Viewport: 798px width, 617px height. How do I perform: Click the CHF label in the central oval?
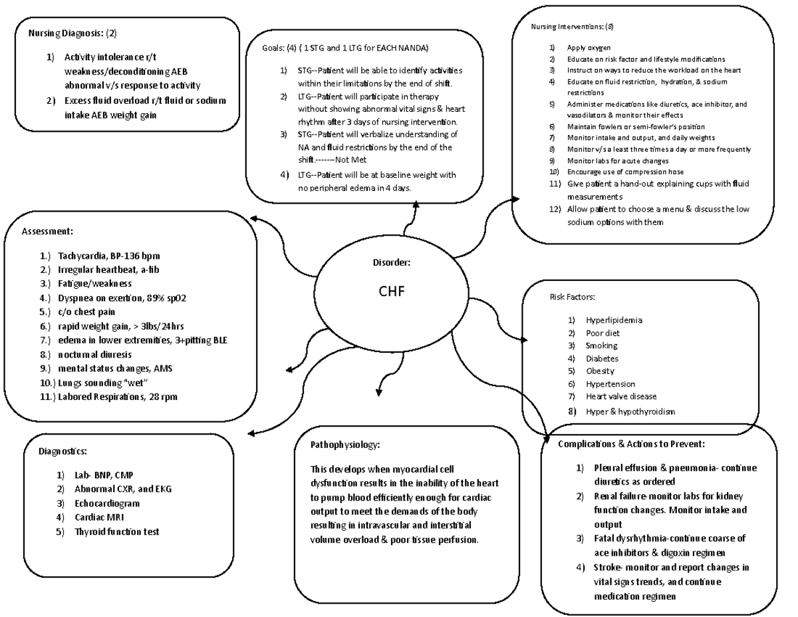tap(392, 291)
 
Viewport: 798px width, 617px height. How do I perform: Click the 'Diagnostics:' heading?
tap(63, 451)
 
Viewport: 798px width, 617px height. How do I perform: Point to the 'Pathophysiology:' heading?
tap(345, 444)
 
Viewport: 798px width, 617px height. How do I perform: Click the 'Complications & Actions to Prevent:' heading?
tap(632, 444)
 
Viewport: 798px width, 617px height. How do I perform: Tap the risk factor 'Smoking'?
tap(601, 345)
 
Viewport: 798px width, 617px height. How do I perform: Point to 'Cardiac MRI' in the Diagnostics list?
tap(99, 517)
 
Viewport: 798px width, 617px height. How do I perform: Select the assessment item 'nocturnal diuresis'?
tap(94, 354)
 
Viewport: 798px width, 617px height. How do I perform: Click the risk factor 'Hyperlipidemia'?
tap(614, 320)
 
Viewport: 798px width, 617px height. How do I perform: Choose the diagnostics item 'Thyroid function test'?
tap(116, 532)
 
